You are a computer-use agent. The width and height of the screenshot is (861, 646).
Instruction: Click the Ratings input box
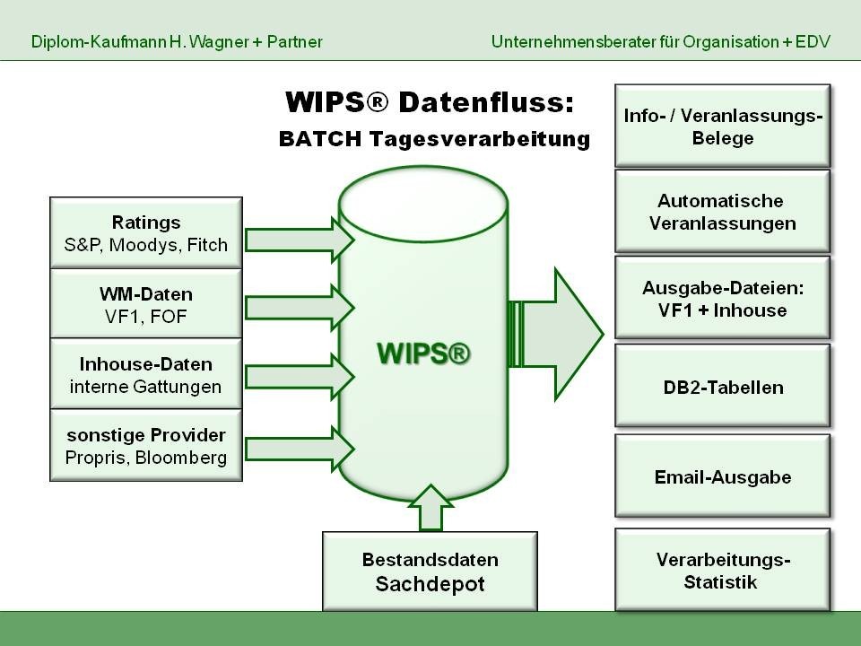pos(146,233)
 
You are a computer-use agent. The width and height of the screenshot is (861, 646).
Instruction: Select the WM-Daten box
pos(146,303)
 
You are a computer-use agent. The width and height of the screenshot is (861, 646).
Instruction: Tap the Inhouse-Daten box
pos(146,373)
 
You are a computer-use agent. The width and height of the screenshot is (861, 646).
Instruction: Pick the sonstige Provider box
pos(146,445)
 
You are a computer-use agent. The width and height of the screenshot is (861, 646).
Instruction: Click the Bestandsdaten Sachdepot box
pos(430,572)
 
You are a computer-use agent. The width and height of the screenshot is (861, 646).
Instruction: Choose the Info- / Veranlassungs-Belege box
pos(723,126)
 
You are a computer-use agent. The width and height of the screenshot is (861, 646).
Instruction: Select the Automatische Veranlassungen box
pos(723,212)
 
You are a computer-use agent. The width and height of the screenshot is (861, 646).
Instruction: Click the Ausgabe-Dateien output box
pos(723,298)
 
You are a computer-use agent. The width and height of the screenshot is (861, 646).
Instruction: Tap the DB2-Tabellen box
pos(723,386)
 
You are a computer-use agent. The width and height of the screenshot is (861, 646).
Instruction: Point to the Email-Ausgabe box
pos(723,476)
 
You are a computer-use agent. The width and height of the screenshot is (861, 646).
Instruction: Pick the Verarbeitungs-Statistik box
pos(723,570)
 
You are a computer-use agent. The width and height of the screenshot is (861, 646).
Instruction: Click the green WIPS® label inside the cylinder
pos(423,353)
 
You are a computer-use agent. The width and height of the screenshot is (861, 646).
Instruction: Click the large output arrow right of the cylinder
pos(556,334)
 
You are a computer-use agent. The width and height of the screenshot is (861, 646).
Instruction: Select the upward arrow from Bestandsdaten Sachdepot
pos(431,508)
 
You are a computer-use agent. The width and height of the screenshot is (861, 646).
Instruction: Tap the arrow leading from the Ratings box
pos(300,240)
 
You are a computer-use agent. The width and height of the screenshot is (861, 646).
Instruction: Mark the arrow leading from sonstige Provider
pos(300,450)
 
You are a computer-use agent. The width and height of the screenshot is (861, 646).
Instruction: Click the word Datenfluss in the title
pos(486,102)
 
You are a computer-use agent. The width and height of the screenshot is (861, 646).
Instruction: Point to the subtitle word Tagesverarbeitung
pos(480,138)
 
